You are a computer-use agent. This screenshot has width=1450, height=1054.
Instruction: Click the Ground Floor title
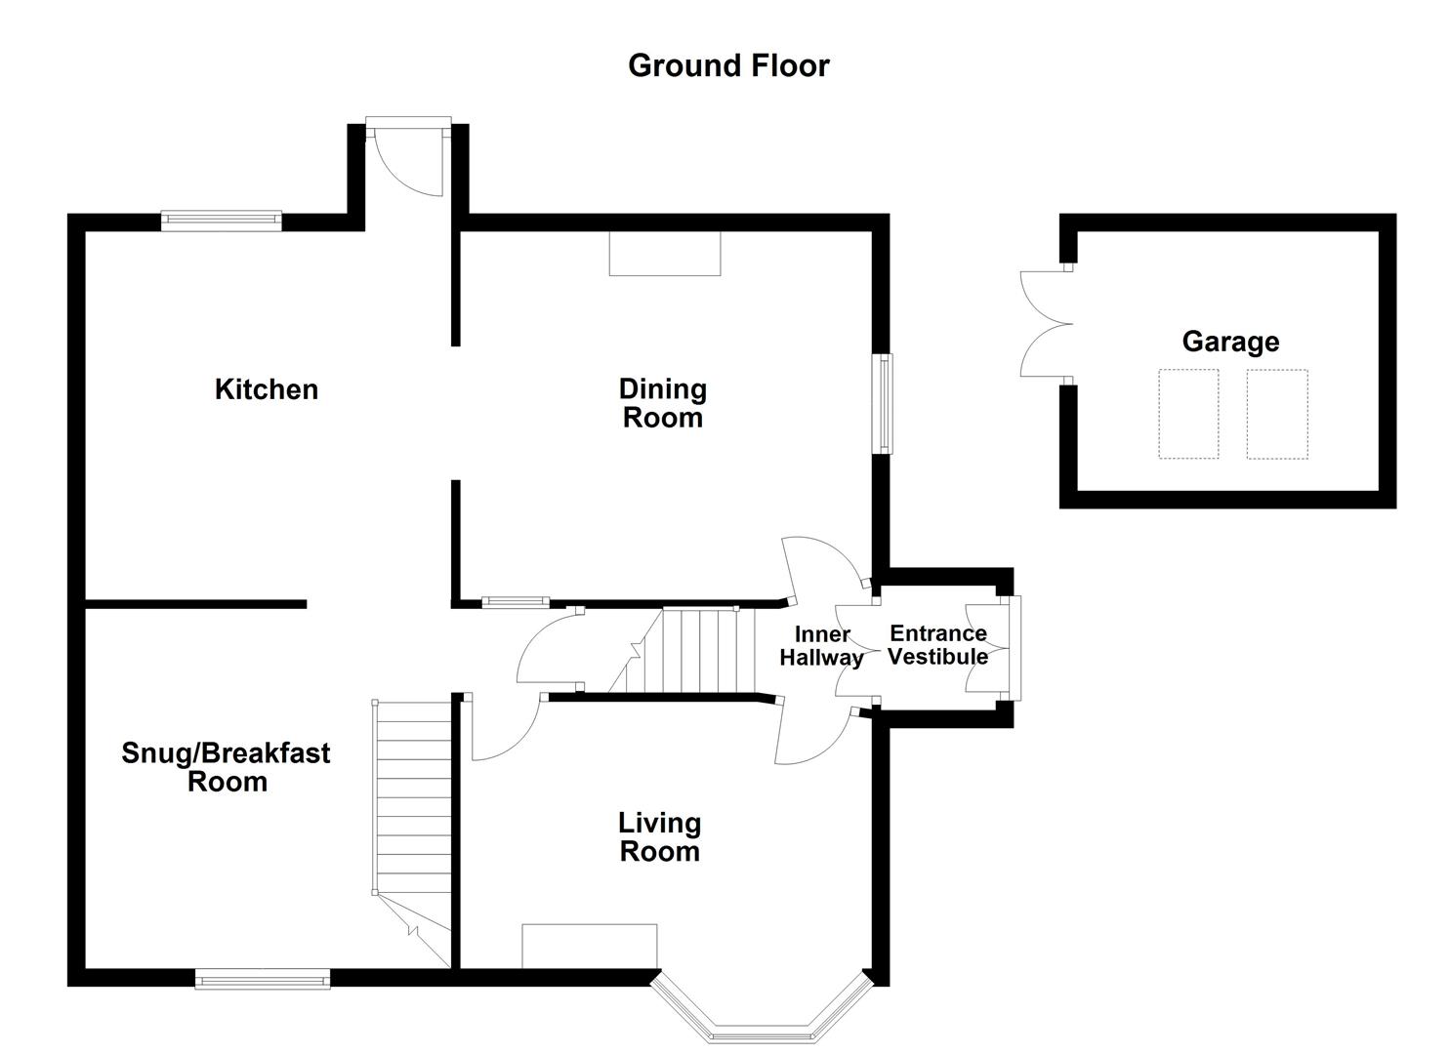[728, 65]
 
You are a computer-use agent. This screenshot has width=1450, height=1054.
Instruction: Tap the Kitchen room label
[267, 389]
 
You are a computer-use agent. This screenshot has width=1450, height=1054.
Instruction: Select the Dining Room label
[663, 403]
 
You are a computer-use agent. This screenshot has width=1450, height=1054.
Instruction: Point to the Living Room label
[660, 836]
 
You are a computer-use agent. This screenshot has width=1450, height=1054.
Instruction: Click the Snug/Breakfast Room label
[227, 767]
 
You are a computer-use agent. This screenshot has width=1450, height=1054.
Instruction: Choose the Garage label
[1230, 342]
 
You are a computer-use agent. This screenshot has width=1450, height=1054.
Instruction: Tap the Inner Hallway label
[821, 646]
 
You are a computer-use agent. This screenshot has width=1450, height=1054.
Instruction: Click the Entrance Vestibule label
[938, 645]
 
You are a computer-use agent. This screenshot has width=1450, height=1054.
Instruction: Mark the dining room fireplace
[664, 254]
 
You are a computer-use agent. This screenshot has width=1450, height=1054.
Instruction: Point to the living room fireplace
[590, 946]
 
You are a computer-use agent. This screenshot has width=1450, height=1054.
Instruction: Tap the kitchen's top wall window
[222, 221]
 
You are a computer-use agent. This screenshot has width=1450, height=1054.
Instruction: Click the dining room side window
[883, 403]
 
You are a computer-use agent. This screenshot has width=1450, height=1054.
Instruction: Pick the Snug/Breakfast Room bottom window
[263, 978]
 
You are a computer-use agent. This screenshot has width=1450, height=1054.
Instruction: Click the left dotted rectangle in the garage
[1188, 414]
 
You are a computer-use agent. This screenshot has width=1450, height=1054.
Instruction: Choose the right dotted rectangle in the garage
[1276, 414]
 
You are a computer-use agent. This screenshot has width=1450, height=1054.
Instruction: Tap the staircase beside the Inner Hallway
[698, 651]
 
